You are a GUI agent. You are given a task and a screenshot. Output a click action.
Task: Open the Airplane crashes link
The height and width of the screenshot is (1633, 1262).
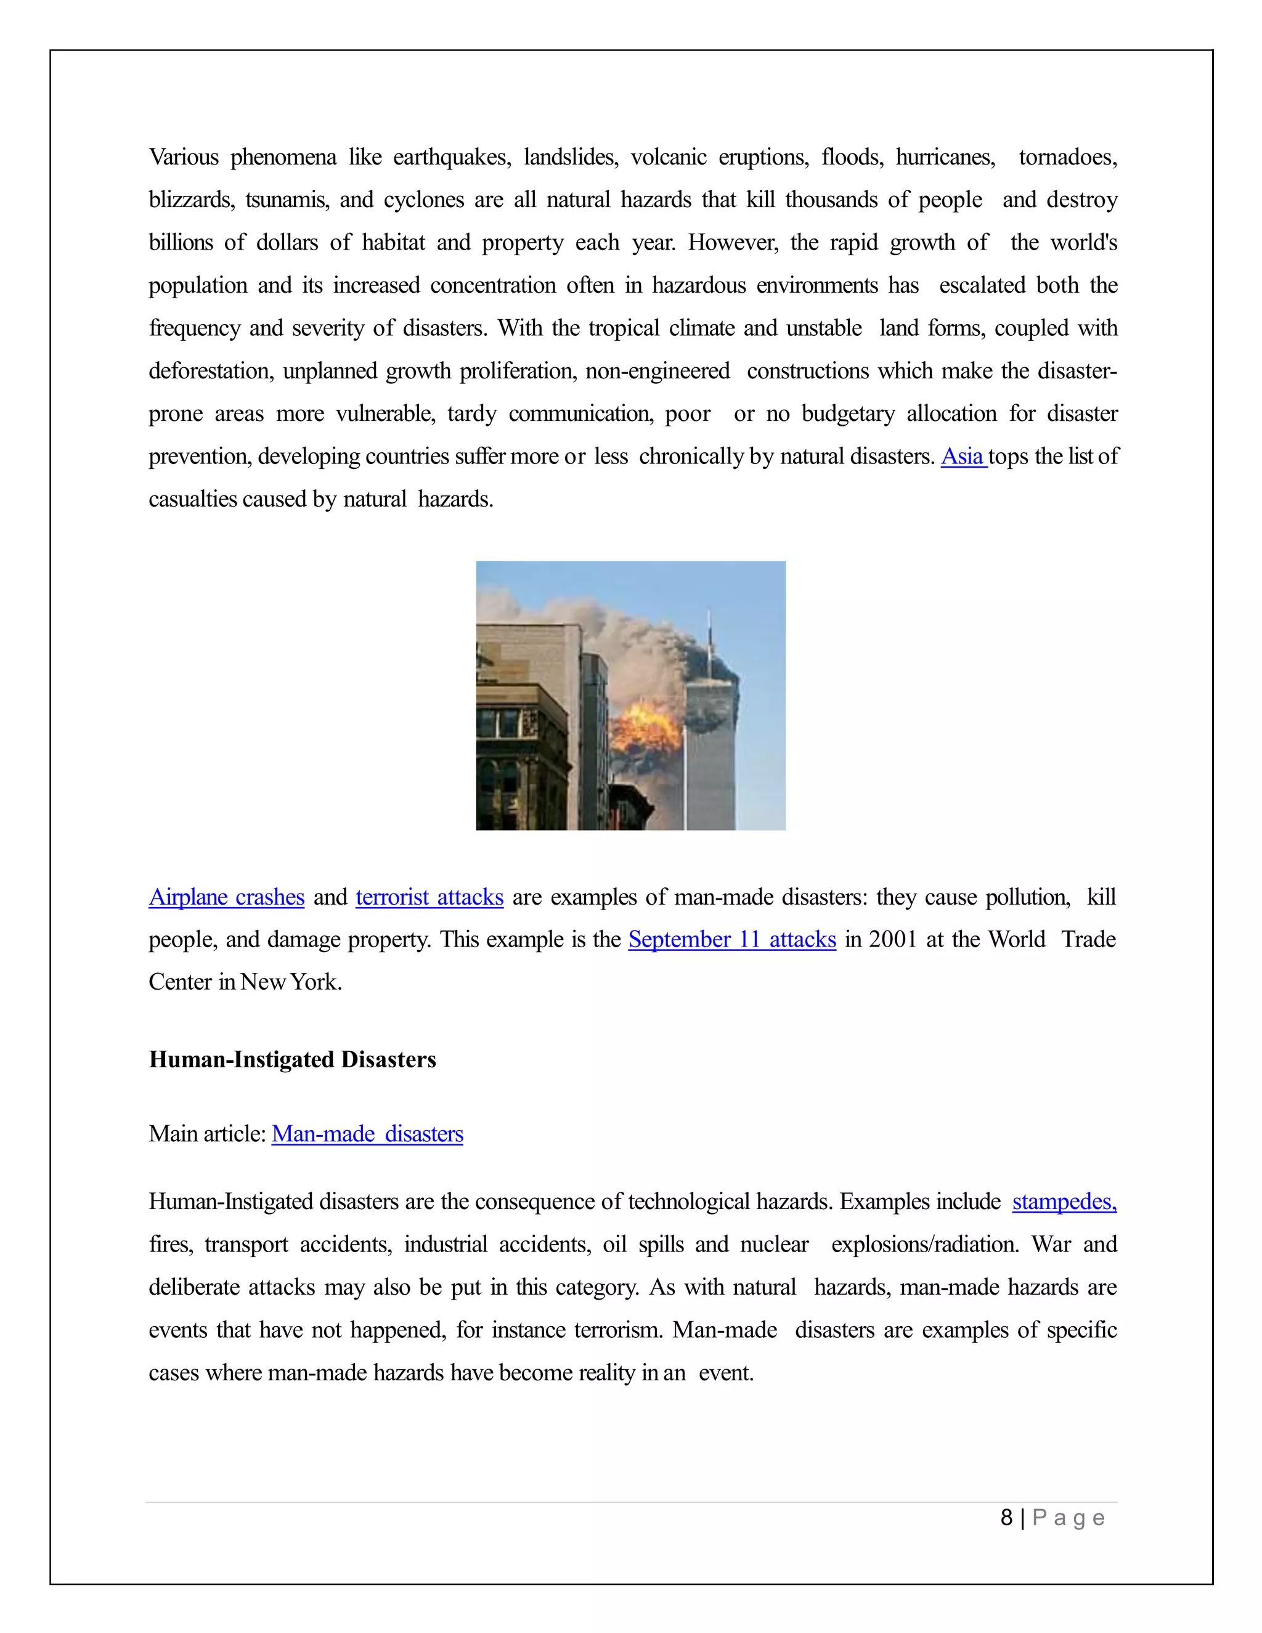click(x=227, y=897)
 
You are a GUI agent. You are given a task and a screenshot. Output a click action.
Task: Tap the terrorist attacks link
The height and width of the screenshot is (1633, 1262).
click(x=429, y=897)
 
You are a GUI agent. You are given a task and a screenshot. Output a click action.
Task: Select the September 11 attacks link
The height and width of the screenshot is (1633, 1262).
click(x=732, y=939)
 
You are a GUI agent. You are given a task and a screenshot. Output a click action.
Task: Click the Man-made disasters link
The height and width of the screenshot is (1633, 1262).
click(x=367, y=1133)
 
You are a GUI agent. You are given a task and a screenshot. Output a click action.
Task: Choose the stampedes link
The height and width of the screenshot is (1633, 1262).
click(x=1064, y=1201)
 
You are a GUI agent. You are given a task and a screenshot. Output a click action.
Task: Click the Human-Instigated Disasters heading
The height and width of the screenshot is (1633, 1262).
click(x=292, y=1059)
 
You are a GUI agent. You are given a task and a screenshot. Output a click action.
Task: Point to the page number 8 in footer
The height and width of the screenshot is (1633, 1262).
click(x=1006, y=1517)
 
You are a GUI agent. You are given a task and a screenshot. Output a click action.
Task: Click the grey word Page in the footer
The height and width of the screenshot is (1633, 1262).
click(x=1069, y=1518)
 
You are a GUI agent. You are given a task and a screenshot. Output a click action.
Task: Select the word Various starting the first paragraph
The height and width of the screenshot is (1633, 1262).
click(x=184, y=157)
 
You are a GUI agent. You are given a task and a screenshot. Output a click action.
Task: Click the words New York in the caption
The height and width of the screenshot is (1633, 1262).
click(x=291, y=982)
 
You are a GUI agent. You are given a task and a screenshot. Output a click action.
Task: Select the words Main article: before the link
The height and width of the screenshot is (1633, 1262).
click(x=207, y=1133)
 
